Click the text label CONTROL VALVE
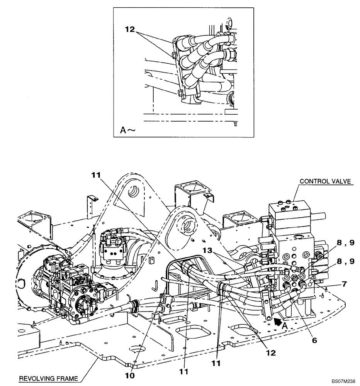point(326,181)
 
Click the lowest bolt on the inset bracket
point(180,92)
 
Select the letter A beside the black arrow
point(285,325)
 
